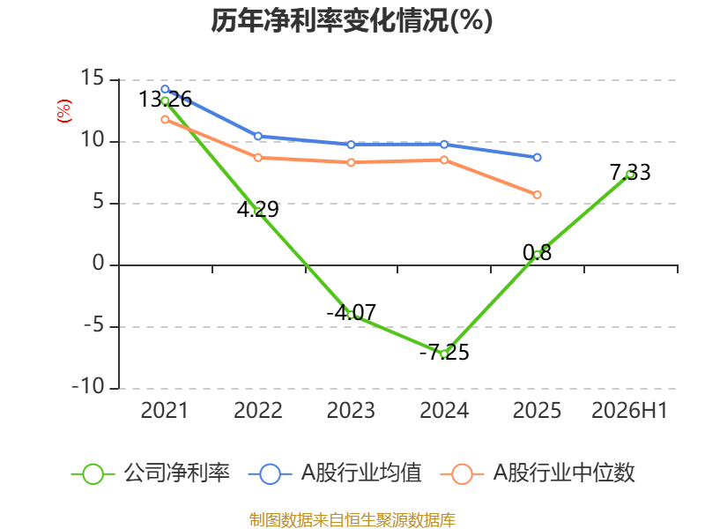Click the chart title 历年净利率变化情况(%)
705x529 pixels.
[x=352, y=20]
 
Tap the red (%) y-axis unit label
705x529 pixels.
[x=64, y=111]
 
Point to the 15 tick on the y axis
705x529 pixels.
[x=93, y=78]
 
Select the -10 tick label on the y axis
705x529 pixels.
[x=88, y=386]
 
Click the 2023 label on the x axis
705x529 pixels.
[x=351, y=410]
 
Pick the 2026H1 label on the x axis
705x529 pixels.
[x=629, y=410]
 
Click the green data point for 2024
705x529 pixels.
[x=444, y=354]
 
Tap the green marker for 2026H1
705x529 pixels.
[x=630, y=175]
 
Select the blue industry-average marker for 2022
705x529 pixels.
[x=258, y=136]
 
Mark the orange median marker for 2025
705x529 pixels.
[x=537, y=195]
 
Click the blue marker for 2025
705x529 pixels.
[x=537, y=158]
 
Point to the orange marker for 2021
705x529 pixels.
[x=165, y=119]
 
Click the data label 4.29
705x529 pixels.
[x=258, y=209]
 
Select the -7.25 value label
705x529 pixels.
[x=444, y=352]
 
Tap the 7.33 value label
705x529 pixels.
[x=630, y=172]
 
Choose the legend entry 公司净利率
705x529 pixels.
[x=151, y=473]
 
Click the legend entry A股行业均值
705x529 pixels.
[x=335, y=473]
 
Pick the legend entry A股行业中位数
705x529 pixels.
[x=538, y=473]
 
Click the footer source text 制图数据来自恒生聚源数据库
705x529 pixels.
[x=352, y=519]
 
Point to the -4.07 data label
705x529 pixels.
[x=351, y=312]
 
